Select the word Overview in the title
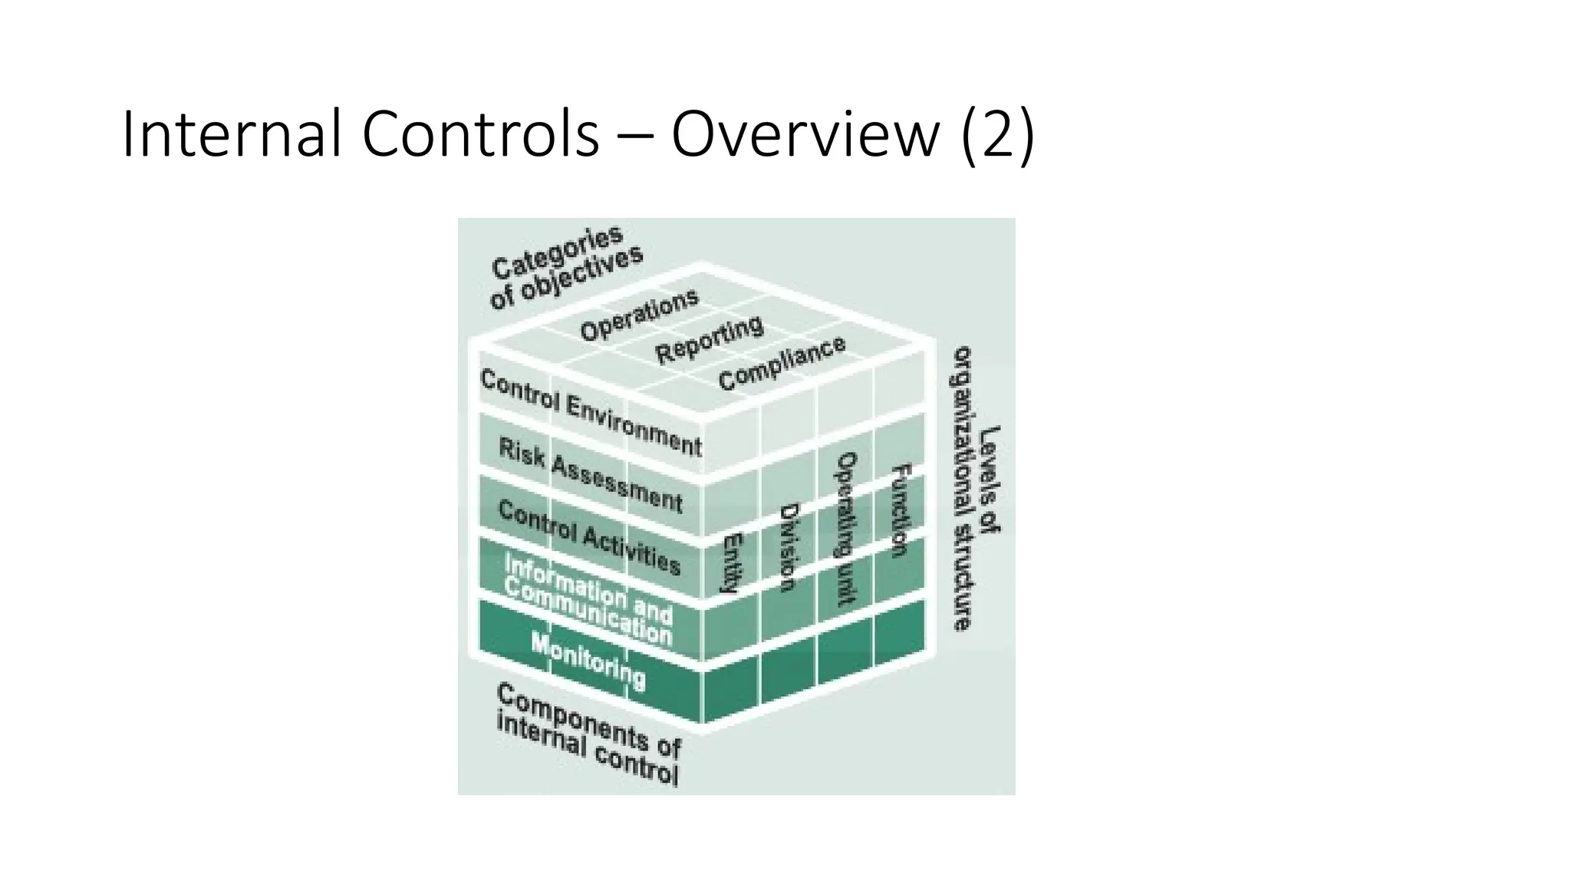click(805, 136)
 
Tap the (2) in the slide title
click(996, 136)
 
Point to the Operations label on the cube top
click(639, 315)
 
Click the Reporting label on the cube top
click(710, 340)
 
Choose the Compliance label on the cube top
click(782, 363)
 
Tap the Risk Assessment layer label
click(590, 474)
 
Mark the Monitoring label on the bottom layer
click(588, 661)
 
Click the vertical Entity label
click(733, 562)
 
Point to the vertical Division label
click(789, 547)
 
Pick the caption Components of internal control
click(588, 734)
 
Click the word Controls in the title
click(480, 136)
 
